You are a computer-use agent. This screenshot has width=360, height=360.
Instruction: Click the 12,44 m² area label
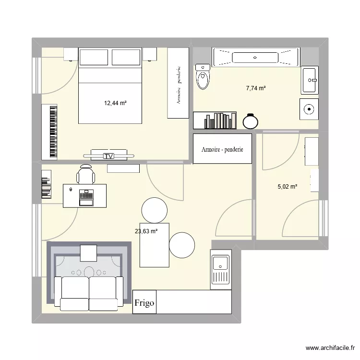(115, 103)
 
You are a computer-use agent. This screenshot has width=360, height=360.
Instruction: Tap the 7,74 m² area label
(256, 88)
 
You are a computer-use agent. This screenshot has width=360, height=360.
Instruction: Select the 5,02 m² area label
(287, 187)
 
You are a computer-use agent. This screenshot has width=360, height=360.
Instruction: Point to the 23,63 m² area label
(146, 231)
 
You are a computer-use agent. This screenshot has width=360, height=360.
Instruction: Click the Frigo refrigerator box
(144, 303)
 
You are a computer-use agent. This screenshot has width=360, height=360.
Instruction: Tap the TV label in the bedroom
(109, 156)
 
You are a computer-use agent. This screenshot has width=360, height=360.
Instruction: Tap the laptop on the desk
(86, 197)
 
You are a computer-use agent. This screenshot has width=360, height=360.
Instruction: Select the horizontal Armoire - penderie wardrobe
(222, 149)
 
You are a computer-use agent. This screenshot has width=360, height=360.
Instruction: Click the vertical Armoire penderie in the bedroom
(178, 83)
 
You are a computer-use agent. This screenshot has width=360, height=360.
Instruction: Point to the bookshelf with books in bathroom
(215, 120)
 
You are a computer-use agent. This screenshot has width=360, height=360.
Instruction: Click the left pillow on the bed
(94, 58)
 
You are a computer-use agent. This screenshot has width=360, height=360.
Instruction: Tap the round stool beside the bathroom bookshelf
(251, 121)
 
